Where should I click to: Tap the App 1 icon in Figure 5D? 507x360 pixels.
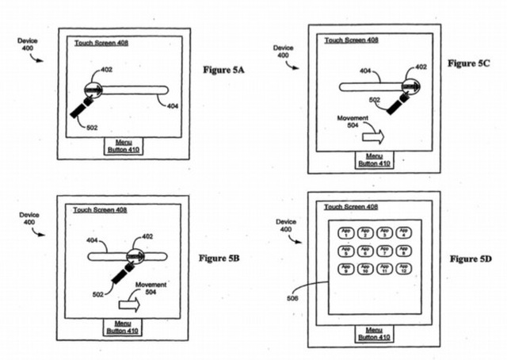(345, 232)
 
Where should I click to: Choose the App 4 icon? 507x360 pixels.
(403, 232)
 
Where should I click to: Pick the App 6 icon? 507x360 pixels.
(364, 251)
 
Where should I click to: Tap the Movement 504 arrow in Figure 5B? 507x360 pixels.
(129, 302)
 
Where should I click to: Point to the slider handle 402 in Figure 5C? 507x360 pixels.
(410, 86)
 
